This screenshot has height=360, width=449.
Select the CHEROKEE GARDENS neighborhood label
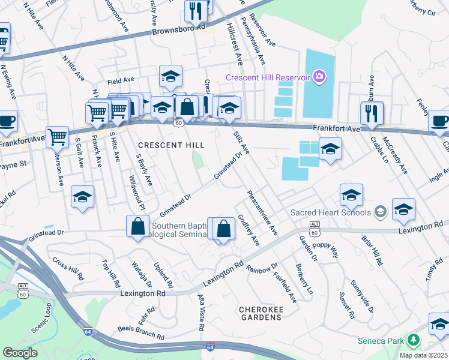click(x=265, y=313)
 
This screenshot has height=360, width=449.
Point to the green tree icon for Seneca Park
click(x=412, y=340)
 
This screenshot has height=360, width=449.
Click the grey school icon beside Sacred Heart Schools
click(x=379, y=212)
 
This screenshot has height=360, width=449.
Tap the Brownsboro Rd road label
click(x=178, y=29)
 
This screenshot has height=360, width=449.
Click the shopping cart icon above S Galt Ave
click(x=56, y=137)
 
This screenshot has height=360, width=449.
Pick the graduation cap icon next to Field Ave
click(x=170, y=76)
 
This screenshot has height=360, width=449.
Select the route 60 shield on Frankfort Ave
click(x=179, y=122)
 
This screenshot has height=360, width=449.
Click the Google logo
click(x=20, y=353)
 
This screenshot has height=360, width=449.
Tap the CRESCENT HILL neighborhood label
click(x=171, y=145)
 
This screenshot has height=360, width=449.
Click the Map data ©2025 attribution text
click(x=424, y=355)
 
